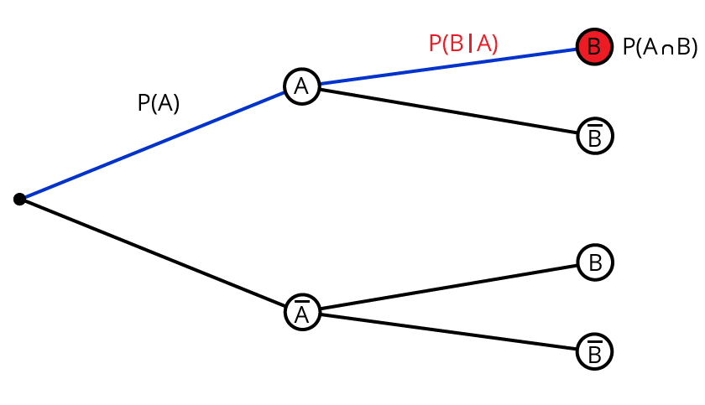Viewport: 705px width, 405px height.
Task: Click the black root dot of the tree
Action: pyautogui.click(x=19, y=199)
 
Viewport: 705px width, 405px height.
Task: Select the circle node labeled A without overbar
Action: pyautogui.click(x=301, y=86)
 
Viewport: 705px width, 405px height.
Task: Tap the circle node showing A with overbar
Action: pyautogui.click(x=301, y=313)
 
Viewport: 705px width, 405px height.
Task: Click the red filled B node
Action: pyautogui.click(x=594, y=47)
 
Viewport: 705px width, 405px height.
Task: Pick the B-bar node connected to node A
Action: pyautogui.click(x=595, y=136)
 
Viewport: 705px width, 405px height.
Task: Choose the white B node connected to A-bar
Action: pyautogui.click(x=595, y=263)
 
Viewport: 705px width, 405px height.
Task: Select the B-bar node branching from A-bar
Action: pyautogui.click(x=595, y=352)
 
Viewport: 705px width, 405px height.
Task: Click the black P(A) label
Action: pyautogui.click(x=159, y=103)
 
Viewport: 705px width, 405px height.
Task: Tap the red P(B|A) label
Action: pyautogui.click(x=463, y=43)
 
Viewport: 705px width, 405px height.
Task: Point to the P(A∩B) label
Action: pyautogui.click(x=660, y=48)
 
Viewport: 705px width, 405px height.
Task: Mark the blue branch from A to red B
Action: pyautogui.click(x=449, y=65)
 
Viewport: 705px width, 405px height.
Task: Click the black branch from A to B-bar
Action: pyautogui.click(x=449, y=110)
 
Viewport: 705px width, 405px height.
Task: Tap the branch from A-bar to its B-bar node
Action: pyautogui.click(x=449, y=332)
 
